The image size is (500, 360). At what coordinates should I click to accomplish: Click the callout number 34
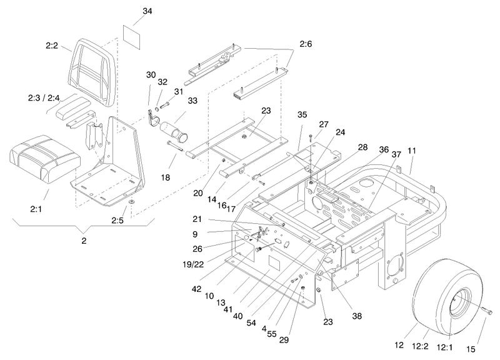point(147,11)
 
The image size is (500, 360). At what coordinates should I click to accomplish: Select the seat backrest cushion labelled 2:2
point(91,72)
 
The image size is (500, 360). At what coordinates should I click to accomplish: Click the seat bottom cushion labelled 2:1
point(45,159)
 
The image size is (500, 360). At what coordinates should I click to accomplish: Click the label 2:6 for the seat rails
point(306,44)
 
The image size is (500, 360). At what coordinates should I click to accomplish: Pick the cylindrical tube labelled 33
point(174,131)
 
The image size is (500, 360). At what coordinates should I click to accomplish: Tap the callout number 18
point(165,177)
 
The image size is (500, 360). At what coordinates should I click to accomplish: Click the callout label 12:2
point(420,346)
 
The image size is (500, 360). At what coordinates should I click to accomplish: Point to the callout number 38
point(357,316)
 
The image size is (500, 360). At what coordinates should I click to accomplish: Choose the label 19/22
point(193,264)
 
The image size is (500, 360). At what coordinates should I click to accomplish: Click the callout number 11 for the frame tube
point(412,150)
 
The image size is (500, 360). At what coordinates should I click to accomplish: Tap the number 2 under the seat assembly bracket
point(84,241)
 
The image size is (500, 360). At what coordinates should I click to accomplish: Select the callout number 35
point(302,114)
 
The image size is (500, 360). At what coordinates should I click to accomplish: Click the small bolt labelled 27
point(311,137)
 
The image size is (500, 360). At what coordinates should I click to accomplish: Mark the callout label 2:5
point(117,220)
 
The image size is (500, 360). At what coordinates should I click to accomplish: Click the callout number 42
point(196,289)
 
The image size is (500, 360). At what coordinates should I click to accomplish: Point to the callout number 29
point(284,340)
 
